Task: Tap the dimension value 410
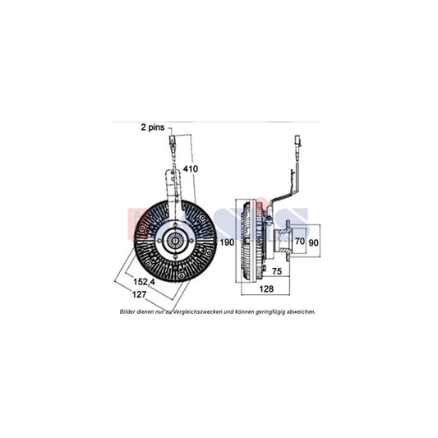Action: tap(191, 168)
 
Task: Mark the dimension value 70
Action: tap(301, 242)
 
